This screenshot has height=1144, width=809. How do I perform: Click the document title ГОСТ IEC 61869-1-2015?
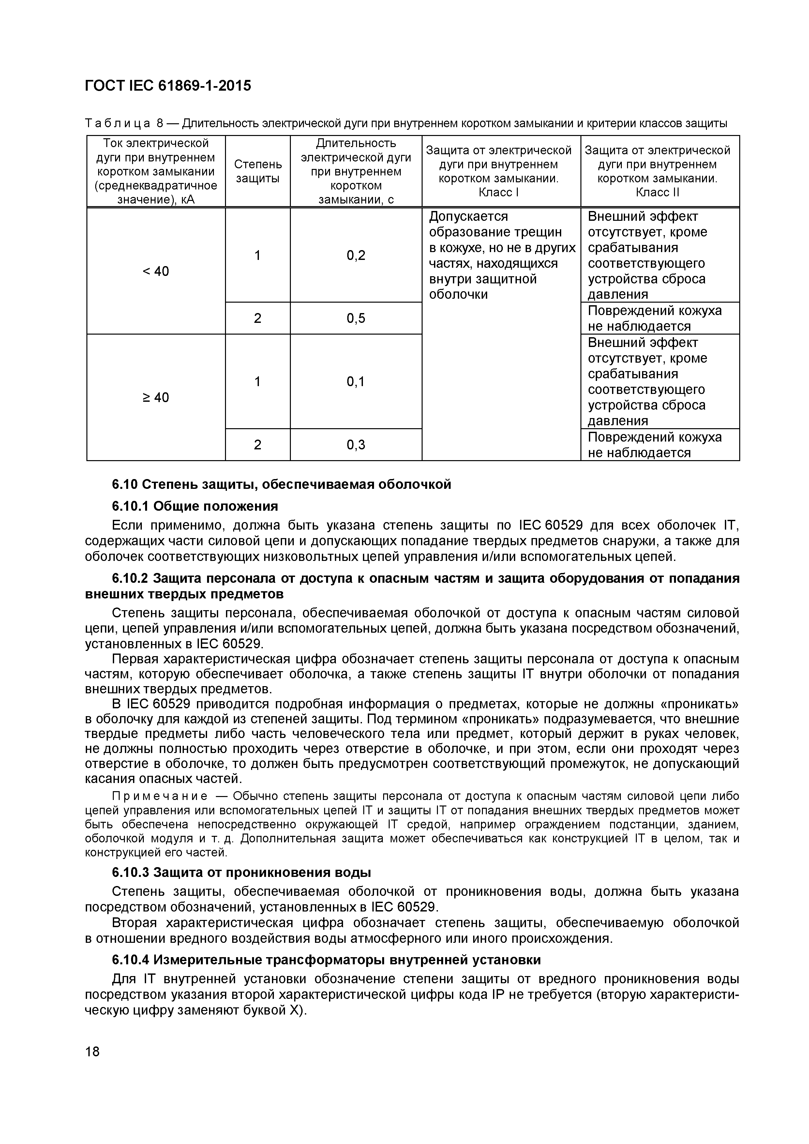pyautogui.click(x=168, y=86)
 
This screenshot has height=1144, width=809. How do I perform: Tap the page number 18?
pyautogui.click(x=92, y=1051)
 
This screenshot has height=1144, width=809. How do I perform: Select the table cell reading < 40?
pyautogui.click(x=156, y=271)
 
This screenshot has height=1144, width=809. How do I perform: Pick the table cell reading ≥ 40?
pyautogui.click(x=156, y=397)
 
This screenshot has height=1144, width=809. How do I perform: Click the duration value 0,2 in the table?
pyautogui.click(x=356, y=255)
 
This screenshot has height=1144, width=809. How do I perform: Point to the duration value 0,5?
pyautogui.click(x=356, y=318)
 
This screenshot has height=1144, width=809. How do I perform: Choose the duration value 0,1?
pyautogui.click(x=356, y=381)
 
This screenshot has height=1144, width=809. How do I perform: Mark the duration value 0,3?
pyautogui.click(x=356, y=444)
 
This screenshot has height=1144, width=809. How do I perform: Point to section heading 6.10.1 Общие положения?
pyautogui.click(x=195, y=506)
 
